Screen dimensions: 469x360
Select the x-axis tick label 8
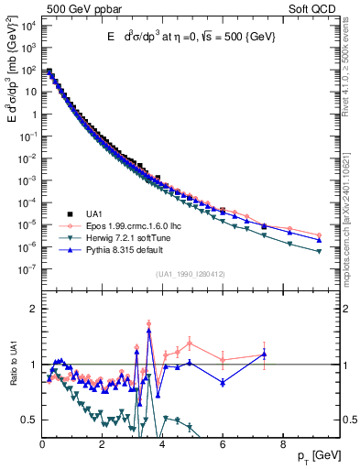[x=282, y=442]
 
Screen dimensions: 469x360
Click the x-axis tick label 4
[x=162, y=442]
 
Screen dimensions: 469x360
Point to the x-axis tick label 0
[x=42, y=442]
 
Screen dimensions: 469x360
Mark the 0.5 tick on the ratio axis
[x=30, y=420]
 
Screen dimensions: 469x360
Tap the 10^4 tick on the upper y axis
[x=27, y=25]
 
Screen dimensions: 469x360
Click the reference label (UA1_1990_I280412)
[x=191, y=275]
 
